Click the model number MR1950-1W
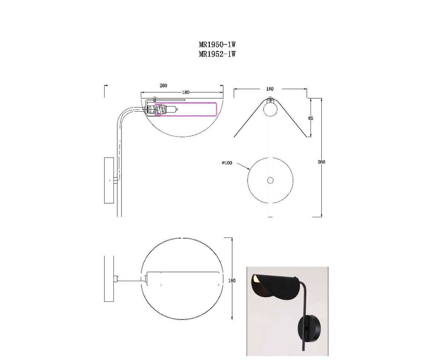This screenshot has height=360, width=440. point(217,44)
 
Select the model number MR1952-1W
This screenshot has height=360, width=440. point(217,54)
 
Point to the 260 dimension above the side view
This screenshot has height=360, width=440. point(163,86)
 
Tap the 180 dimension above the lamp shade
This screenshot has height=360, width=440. point(186,92)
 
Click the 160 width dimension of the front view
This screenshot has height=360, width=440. point(270,89)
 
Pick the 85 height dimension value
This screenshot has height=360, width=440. point(311,118)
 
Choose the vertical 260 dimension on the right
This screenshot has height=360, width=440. point(321,162)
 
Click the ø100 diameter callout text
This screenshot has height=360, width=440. point(227,163)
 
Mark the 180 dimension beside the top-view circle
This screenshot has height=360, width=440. point(232,281)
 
